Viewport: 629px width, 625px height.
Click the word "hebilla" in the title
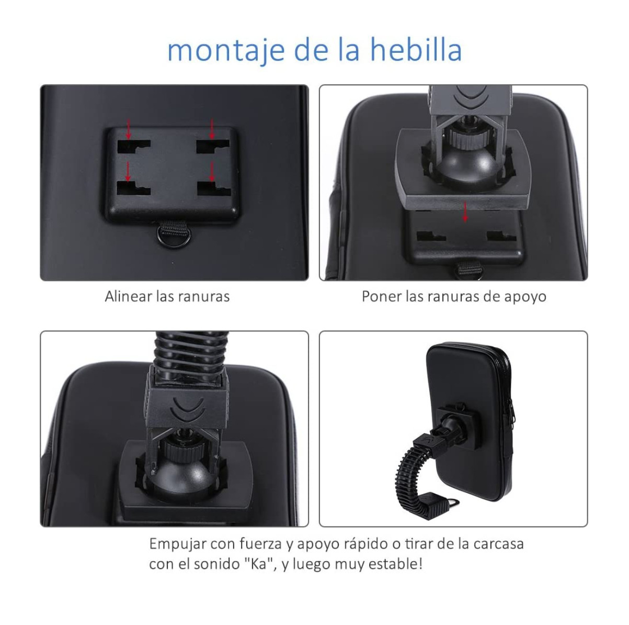coord(417,50)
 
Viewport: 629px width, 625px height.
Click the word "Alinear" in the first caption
coord(128,297)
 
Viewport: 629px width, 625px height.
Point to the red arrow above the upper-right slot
coord(212,129)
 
